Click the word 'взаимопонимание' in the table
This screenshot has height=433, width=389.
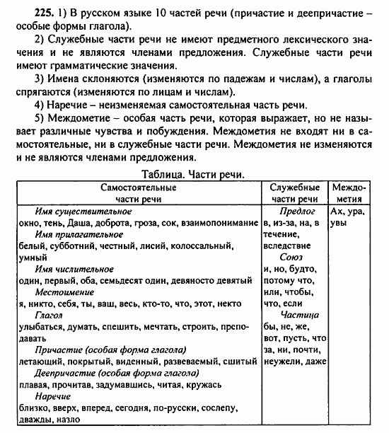(220, 223)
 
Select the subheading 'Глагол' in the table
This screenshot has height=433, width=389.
(49, 319)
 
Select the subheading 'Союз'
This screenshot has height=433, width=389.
(291, 259)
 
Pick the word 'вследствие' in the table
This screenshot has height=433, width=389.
(285, 246)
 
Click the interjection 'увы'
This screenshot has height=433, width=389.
(339, 223)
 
